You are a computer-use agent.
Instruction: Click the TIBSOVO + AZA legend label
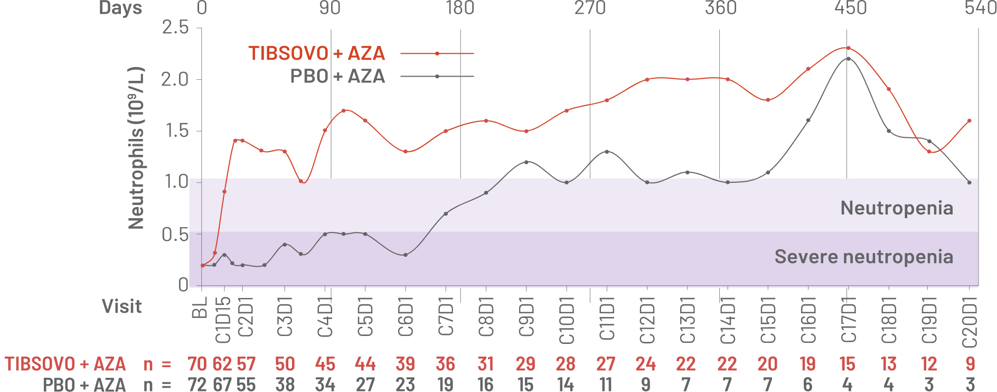(x=316, y=53)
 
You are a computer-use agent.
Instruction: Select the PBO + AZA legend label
(x=337, y=77)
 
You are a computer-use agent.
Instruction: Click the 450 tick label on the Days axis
(x=851, y=8)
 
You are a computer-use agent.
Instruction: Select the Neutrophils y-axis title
(x=136, y=148)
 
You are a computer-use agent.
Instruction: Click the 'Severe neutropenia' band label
(x=863, y=257)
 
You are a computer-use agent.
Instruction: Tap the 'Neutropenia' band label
(x=897, y=208)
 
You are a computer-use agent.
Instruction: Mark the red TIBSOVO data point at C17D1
(x=848, y=48)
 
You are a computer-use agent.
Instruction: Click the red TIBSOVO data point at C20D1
(x=970, y=120)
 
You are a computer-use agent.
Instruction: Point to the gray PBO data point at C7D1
(x=446, y=213)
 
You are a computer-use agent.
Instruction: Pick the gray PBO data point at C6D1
(x=406, y=255)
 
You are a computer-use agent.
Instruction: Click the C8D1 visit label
(x=486, y=317)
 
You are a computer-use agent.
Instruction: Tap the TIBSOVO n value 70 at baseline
(x=197, y=364)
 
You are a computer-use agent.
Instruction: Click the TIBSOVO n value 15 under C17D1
(x=848, y=364)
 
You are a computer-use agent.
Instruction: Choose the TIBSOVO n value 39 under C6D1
(x=405, y=364)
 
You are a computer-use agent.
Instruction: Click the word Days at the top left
(x=121, y=8)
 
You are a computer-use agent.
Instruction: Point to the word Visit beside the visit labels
(x=122, y=306)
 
